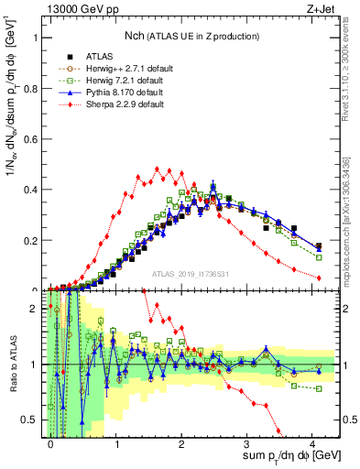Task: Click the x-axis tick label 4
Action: tap(313, 444)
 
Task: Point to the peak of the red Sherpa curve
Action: tap(158, 169)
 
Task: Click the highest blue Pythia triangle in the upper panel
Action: tap(213, 187)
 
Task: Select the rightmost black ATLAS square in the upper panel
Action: tap(318, 246)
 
